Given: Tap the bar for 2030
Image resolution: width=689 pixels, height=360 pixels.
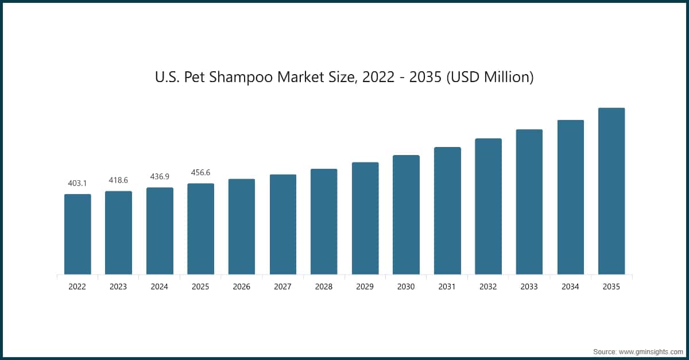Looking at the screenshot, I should click(406, 215).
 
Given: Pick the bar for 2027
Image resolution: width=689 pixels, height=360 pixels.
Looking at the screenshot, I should click(283, 224).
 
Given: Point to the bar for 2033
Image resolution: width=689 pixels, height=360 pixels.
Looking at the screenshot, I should click(529, 202).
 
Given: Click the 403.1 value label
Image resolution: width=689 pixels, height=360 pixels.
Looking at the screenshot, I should click(78, 183).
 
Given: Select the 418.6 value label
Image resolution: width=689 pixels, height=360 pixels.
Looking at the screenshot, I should click(118, 180).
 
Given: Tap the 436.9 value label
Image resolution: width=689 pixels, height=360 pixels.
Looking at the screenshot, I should click(160, 177).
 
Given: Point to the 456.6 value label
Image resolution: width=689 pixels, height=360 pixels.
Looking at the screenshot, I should click(200, 172).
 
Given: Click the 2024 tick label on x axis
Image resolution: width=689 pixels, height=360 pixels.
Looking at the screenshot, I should click(160, 287).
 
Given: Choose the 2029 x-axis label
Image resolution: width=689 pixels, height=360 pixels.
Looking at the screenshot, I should click(365, 287).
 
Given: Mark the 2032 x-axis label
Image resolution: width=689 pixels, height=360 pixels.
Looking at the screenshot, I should click(488, 287).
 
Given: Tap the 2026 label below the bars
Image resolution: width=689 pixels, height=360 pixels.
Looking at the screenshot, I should click(242, 287).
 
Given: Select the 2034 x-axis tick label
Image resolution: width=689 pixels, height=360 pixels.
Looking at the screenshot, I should click(570, 287).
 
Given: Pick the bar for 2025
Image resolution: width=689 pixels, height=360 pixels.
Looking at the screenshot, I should click(200, 229).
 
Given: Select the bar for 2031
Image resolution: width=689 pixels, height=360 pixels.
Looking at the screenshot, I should click(447, 211).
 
